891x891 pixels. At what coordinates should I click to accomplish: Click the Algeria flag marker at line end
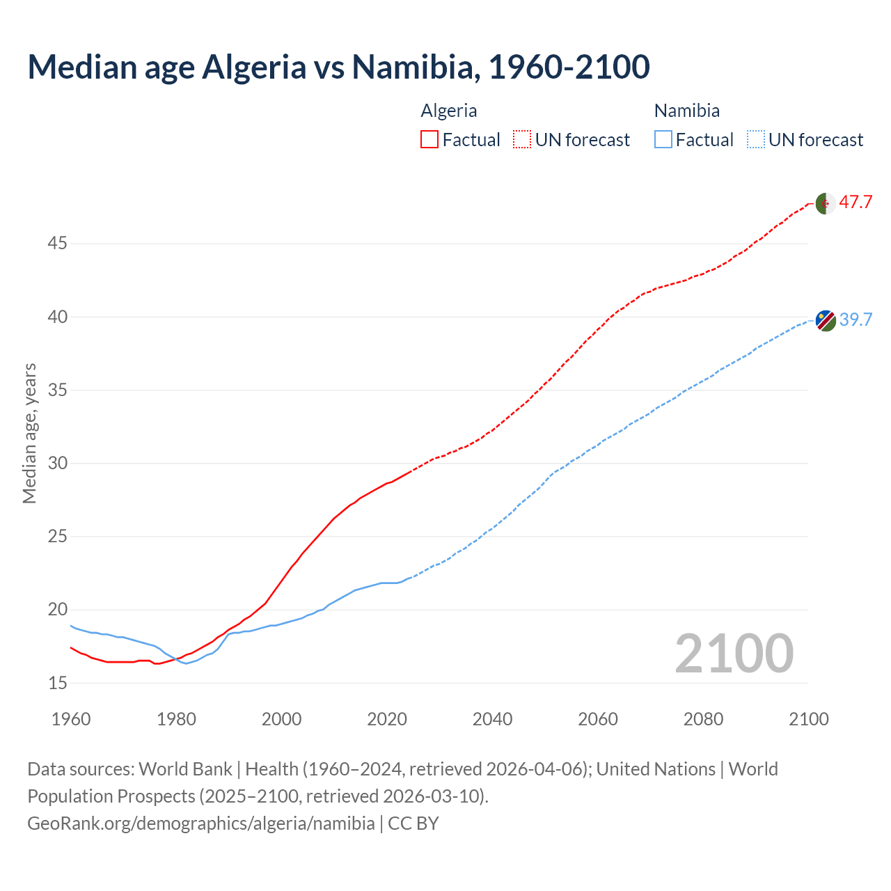pos(825,203)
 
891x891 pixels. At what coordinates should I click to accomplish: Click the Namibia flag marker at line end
pos(826,320)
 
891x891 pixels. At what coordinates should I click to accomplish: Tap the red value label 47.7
pos(855,203)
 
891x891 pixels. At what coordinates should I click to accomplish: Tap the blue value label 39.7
pos(855,320)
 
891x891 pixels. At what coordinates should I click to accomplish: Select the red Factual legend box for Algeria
pos(429,139)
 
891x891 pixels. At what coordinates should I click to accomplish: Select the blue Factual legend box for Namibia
pos(663,139)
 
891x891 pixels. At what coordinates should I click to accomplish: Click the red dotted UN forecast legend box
pos(522,139)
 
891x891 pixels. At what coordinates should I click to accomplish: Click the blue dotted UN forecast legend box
pos(755,139)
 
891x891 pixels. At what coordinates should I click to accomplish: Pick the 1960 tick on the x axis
pos(71,718)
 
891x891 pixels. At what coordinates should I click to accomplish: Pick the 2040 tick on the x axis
pos(492,718)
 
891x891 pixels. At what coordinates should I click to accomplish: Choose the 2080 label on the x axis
pos(703,718)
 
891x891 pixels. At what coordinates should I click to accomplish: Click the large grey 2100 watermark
pos(734,653)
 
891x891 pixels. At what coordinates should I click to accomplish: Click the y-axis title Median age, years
pos(29,433)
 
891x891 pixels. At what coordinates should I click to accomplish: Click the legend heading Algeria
pos(449,111)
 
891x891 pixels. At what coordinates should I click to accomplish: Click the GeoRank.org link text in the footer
pos(200,823)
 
